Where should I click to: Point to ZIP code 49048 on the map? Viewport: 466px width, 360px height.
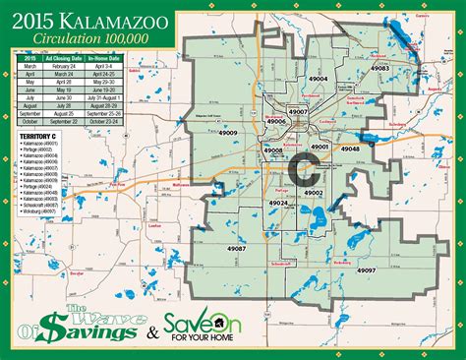click(x=349, y=148)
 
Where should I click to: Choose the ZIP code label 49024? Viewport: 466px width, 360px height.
click(x=277, y=204)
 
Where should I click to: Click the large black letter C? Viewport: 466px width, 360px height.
click(x=305, y=169)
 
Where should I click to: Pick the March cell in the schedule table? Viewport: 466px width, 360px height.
click(x=29, y=68)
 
